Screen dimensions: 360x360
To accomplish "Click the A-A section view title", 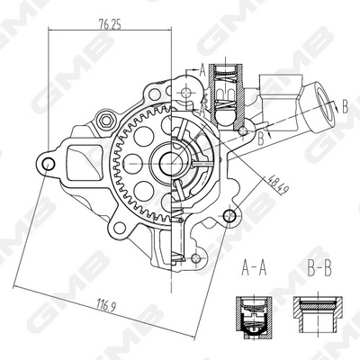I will tap(255, 267).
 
